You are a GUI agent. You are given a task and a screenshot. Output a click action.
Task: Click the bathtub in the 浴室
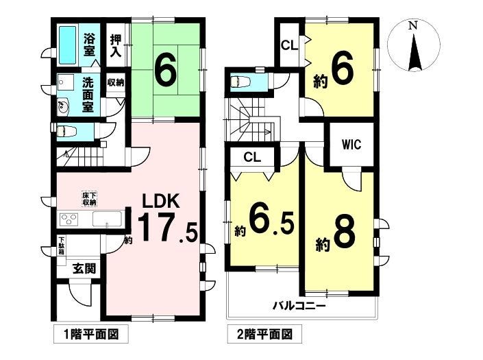tap(67, 45)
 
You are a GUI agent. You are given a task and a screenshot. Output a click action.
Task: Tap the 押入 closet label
tap(116, 46)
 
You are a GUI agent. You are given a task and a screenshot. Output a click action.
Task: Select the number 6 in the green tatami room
tap(166, 71)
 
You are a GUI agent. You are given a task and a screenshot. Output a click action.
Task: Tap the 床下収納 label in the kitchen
tap(89, 199)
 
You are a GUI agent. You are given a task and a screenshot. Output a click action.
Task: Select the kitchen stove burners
tap(69, 219)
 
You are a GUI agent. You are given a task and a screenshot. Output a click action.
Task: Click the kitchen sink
tap(107, 219)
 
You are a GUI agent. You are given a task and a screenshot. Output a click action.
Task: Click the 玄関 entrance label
tap(84, 269)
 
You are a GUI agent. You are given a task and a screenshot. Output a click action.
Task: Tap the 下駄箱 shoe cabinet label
tap(62, 245)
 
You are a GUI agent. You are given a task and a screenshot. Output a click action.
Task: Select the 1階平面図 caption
tap(91, 334)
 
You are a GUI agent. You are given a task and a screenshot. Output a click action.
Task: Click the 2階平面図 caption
tap(265, 334)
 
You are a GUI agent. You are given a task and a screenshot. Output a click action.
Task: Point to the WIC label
tap(351, 144)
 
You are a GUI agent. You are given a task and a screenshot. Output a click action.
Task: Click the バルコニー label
tap(299, 306)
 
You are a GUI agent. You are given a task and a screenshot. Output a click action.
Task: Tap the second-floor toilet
tap(240, 82)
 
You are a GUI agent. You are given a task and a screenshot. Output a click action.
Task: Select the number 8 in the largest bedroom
tap(344, 235)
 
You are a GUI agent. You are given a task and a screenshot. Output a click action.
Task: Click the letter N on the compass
tap(412, 25)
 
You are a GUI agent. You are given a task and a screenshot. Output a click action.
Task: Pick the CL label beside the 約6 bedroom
tap(290, 46)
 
